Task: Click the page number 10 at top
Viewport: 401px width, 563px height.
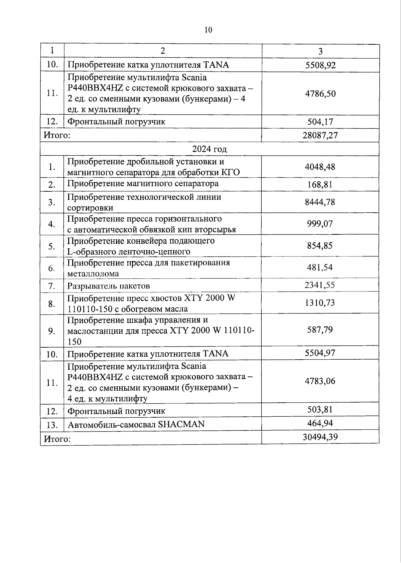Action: pyautogui.click(x=208, y=30)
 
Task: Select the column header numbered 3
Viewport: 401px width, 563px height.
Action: pyautogui.click(x=320, y=51)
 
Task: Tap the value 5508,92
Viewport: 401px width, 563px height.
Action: pyautogui.click(x=320, y=65)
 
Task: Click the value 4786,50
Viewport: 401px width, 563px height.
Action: pyautogui.click(x=320, y=93)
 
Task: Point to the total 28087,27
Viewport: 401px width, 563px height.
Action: pyautogui.click(x=320, y=135)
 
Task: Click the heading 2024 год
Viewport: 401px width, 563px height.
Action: pyautogui.click(x=210, y=149)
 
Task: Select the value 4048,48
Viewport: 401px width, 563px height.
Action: pyautogui.click(x=320, y=167)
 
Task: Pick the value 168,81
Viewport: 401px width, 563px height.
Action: pyautogui.click(x=320, y=184)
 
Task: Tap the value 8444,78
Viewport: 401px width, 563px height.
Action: pyautogui.click(x=320, y=202)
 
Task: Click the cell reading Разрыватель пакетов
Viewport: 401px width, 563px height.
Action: pyautogui.click(x=109, y=286)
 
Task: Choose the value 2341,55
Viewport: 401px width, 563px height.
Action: pyautogui.click(x=320, y=285)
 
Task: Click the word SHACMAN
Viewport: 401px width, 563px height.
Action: pyautogui.click(x=181, y=424)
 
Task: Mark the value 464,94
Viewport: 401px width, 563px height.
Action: pyautogui.click(x=320, y=423)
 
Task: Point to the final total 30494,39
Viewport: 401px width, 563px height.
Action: pyautogui.click(x=320, y=437)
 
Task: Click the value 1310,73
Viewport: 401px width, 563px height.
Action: pyautogui.click(x=320, y=303)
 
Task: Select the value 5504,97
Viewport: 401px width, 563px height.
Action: pyautogui.click(x=320, y=353)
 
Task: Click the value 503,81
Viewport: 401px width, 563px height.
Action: pyautogui.click(x=320, y=410)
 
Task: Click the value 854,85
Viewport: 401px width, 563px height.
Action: pyautogui.click(x=320, y=246)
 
